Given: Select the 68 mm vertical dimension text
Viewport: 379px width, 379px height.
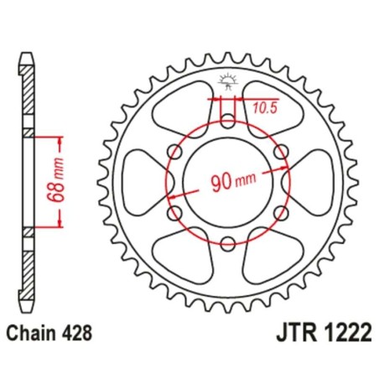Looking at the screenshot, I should click(x=52, y=180).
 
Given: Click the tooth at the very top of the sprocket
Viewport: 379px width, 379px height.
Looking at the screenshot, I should click(x=227, y=53).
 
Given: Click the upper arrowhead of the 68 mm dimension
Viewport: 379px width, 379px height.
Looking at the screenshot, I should click(x=60, y=138).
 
